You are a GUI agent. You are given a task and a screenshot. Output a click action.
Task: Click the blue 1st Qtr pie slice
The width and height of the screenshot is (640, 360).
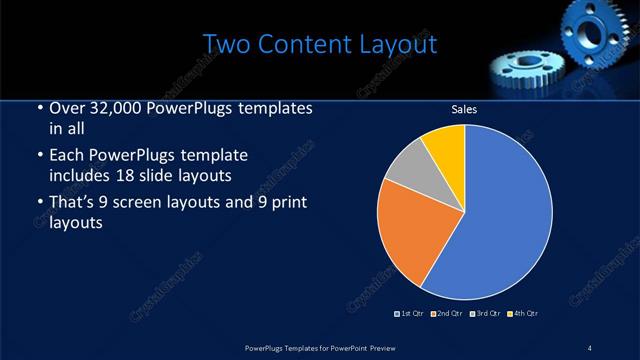tap(505, 215)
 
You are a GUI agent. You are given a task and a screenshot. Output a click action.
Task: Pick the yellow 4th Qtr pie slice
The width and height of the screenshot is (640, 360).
tap(446, 148)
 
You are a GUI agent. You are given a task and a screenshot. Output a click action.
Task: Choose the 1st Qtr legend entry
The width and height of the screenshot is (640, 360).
tap(410, 314)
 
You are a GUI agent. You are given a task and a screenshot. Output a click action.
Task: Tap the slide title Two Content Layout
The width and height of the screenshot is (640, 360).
tap(319, 44)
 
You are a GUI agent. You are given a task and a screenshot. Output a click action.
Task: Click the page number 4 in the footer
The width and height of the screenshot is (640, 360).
tap(589, 347)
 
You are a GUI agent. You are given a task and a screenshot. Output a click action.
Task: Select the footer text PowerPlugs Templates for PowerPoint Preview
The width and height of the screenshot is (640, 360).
tap(318, 347)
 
